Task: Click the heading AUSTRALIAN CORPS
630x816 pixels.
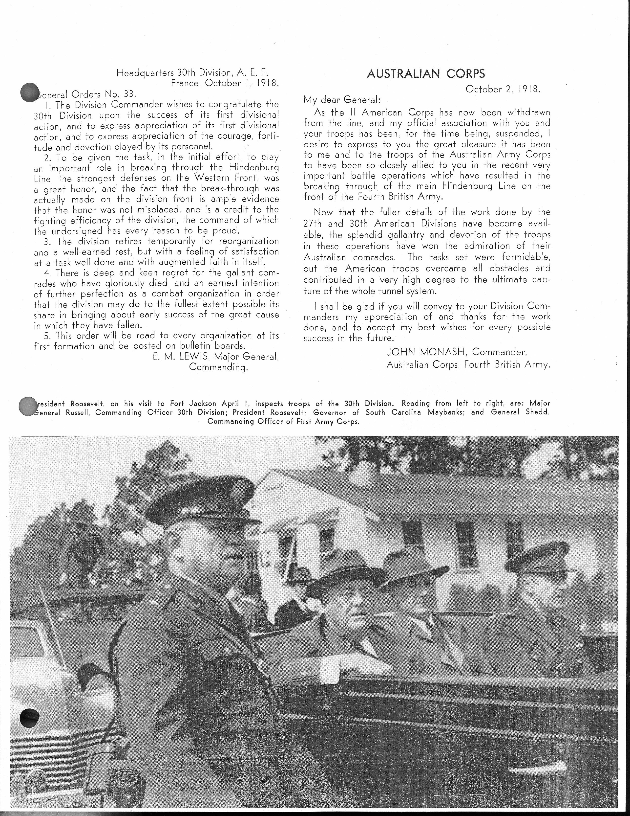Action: point(426,74)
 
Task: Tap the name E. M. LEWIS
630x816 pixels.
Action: point(175,357)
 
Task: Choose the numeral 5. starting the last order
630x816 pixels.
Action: point(48,336)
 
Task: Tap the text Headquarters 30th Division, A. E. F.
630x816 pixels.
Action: point(192,72)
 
